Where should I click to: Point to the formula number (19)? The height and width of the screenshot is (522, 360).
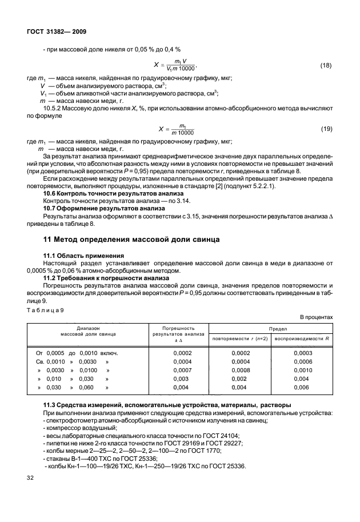click(326, 129)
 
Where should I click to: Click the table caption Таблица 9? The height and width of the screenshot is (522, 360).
click(45, 309)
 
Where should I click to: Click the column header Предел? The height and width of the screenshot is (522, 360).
click(270, 330)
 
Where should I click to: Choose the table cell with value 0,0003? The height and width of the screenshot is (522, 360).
click(303, 353)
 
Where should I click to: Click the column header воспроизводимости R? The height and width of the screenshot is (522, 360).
click(303, 339)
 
